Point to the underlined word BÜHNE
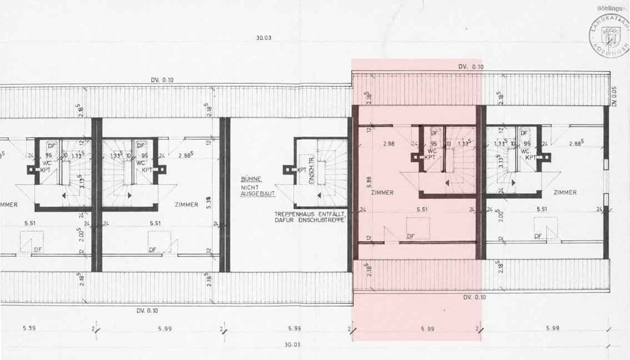tap(251, 179)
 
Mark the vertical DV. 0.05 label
tap(614, 96)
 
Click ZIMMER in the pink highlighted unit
tap(383, 193)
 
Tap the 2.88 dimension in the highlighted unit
tap(388, 144)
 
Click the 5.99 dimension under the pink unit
tap(427, 329)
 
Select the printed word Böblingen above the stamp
tap(613, 9)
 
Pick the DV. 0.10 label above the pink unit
tap(471, 67)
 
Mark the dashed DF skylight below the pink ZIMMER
tap(418, 228)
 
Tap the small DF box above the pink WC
tap(435, 133)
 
